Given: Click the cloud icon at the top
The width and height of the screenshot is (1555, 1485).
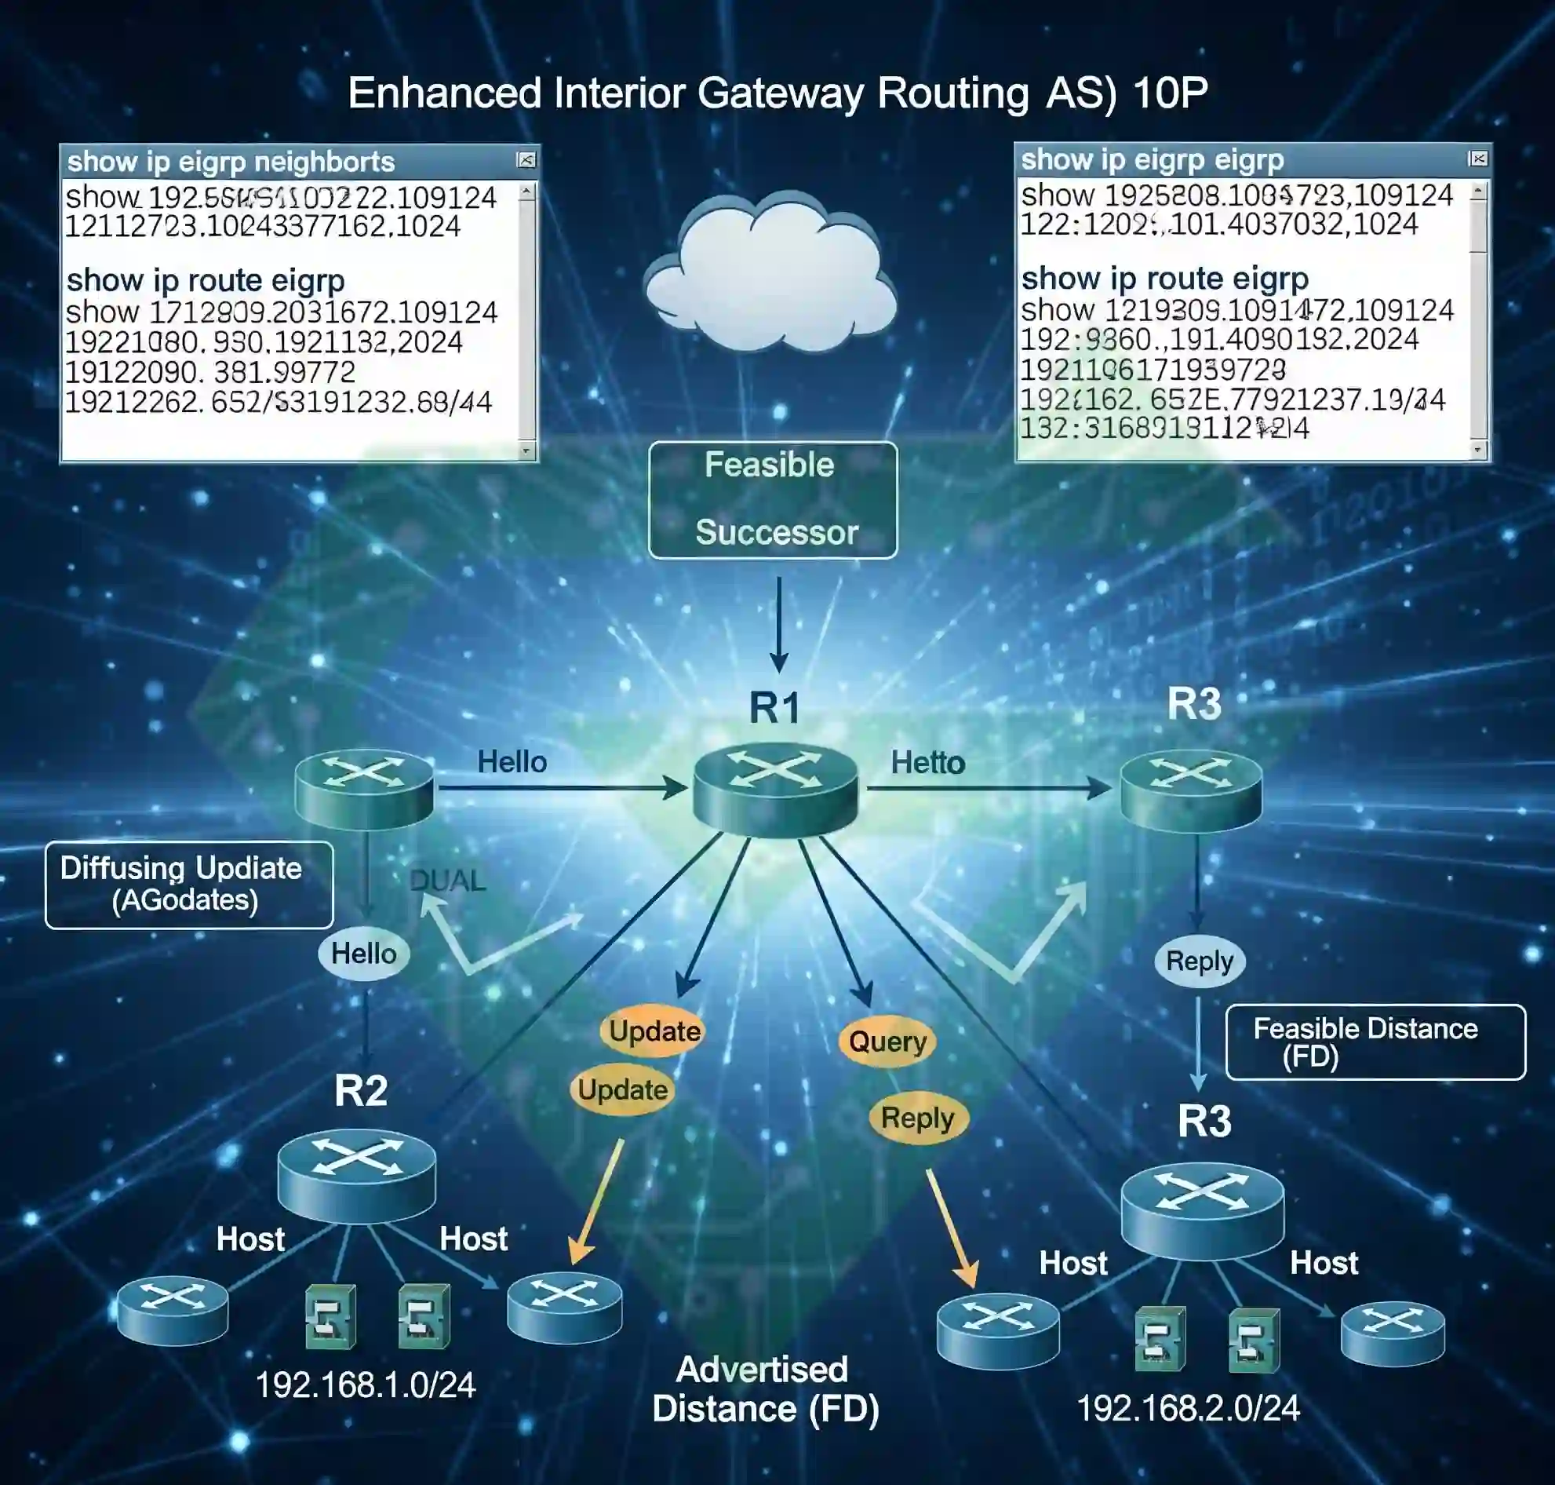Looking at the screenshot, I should coord(770,272).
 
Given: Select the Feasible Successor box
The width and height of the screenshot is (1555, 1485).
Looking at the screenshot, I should coord(772,499).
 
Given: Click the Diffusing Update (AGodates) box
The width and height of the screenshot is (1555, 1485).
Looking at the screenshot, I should coord(188,885).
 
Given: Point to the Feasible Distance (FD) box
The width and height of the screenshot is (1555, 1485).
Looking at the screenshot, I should coord(1375,1041).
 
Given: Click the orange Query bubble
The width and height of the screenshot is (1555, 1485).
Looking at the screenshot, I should coord(887,1041).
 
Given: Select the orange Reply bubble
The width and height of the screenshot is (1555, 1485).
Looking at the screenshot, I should coord(917,1118).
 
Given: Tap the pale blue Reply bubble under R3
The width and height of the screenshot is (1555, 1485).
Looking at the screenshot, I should coord(1199,961).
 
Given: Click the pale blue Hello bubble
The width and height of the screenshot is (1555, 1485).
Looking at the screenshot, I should coord(363,954).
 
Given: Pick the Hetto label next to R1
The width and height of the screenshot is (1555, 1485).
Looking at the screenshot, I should coord(927,762).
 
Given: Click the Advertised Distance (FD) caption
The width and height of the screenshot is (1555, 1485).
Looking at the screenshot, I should coord(764,1389).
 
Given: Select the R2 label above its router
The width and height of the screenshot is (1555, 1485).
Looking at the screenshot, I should coord(361,1090).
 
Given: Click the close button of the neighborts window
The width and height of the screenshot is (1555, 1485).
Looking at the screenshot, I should coord(526,161).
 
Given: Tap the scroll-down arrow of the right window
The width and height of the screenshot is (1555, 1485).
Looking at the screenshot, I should coord(1477,450).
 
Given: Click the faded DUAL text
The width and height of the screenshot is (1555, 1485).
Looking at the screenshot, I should coord(447,880).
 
